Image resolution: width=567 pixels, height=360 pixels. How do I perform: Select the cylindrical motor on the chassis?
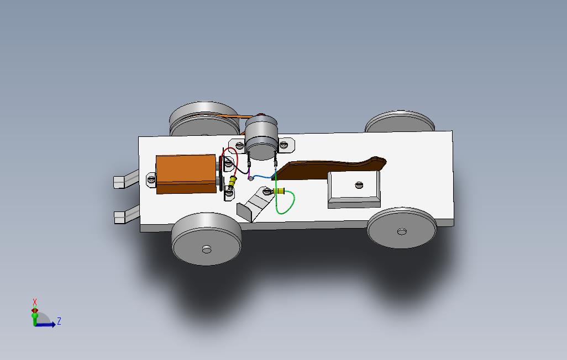click(x=260, y=135)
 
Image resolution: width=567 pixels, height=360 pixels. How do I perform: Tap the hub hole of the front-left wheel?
click(x=207, y=250)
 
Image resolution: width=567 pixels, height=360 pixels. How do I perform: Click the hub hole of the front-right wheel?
click(x=402, y=231)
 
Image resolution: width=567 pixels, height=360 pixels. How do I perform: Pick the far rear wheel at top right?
click(x=399, y=121)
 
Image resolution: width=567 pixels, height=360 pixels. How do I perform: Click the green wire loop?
click(x=286, y=204)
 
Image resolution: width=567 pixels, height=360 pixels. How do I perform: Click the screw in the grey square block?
click(x=359, y=185)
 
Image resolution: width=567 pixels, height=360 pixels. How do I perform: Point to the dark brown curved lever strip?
click(x=332, y=167)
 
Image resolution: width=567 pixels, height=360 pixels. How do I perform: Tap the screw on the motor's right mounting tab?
click(x=284, y=145)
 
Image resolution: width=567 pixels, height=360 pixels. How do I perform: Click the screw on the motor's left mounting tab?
click(x=240, y=145)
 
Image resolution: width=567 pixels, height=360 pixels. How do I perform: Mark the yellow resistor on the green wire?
click(x=280, y=192)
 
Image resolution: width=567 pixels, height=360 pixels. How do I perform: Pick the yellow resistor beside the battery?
click(x=233, y=181)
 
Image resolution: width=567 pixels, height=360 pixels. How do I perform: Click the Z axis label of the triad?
click(x=59, y=321)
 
